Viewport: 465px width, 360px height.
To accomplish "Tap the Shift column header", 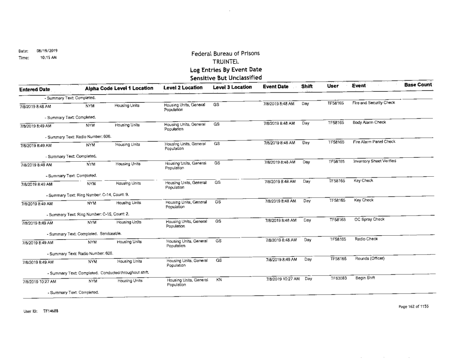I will (306, 88).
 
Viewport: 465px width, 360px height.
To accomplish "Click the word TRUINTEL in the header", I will (228, 62).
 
